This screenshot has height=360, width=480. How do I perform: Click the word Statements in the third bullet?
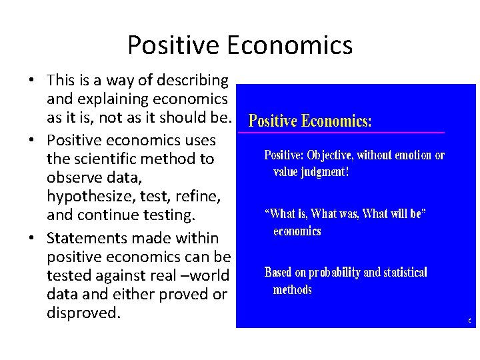(x=83, y=237)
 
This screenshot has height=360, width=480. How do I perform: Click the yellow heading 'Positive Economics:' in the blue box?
(x=310, y=121)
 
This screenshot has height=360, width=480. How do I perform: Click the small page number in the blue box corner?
(x=470, y=321)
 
